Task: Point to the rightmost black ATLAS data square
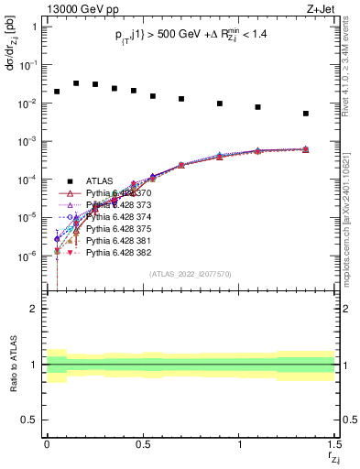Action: point(306,114)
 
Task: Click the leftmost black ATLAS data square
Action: point(57,92)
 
